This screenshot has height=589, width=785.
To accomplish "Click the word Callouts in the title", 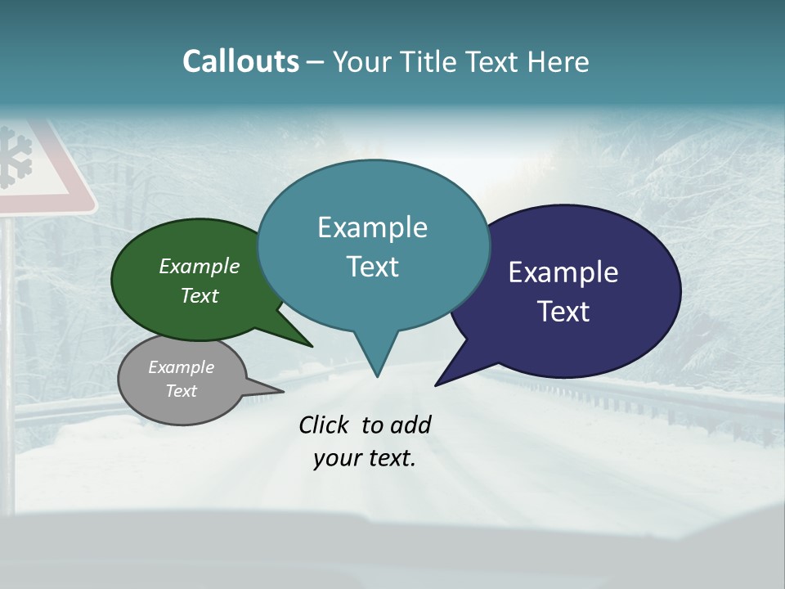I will (240, 61).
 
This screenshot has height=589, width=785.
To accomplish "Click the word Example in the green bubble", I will (200, 266).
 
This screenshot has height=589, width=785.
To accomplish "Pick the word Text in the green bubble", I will (200, 295).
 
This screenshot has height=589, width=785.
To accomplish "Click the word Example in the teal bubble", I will (372, 227).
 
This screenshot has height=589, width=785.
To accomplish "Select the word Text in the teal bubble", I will (372, 267).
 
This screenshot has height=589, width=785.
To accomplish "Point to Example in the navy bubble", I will (563, 272).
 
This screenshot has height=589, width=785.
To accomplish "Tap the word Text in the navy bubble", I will (563, 312).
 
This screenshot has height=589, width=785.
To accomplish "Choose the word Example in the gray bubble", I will (182, 367).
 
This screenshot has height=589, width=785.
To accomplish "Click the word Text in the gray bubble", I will (182, 391).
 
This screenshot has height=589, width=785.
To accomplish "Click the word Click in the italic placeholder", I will (324, 425).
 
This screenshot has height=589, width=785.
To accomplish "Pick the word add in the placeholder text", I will (410, 425).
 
